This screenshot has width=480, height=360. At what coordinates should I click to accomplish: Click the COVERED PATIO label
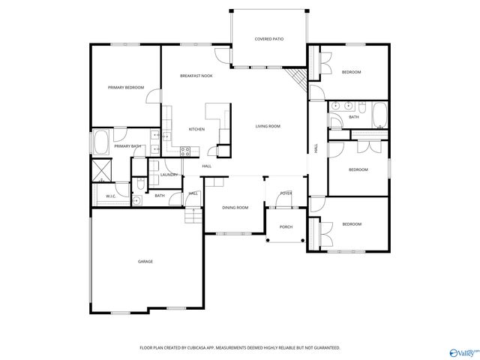pyautogui.click(x=268, y=38)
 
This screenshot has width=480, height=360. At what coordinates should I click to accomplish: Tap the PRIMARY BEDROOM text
pyautogui.click(x=125, y=88)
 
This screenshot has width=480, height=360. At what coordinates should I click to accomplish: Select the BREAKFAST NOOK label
pyautogui.click(x=196, y=76)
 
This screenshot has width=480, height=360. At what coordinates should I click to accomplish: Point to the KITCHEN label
pyautogui.click(x=196, y=129)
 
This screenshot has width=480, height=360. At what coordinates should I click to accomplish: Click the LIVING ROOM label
pyautogui.click(x=267, y=126)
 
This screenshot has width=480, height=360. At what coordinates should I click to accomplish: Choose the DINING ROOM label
pyautogui.click(x=235, y=207)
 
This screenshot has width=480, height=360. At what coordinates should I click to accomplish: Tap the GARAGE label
pyautogui.click(x=145, y=261)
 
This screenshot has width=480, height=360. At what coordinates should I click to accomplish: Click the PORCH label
pyautogui.click(x=286, y=226)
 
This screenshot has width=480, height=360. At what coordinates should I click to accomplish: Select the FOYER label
pyautogui.click(x=286, y=193)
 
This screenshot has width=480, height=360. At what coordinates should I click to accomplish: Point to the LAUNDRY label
pyautogui.click(x=169, y=175)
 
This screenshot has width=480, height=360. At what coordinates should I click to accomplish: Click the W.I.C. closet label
pyautogui.click(x=111, y=196)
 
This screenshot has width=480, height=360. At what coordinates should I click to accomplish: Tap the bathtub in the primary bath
pyautogui.click(x=100, y=142)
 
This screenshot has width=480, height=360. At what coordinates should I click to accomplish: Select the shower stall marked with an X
pyautogui.click(x=100, y=170)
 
